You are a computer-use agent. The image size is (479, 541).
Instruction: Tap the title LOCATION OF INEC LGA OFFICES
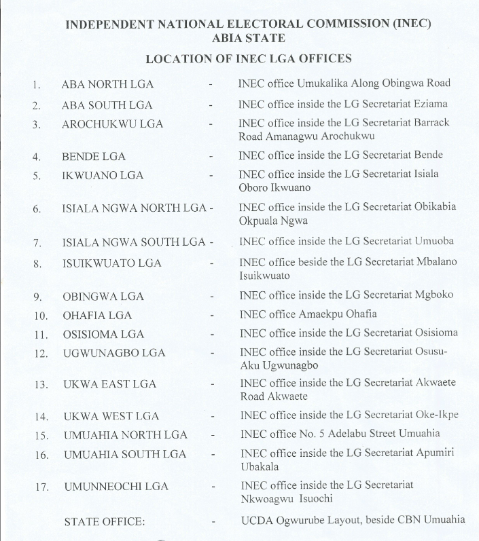249,58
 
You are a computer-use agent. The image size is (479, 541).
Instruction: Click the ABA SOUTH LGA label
107,105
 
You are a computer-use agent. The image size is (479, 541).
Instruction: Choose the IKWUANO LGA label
103,175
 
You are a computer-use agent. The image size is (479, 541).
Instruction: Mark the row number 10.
40,316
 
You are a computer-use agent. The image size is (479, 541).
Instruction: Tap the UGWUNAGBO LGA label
114,354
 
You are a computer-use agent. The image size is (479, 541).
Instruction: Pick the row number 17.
41,487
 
